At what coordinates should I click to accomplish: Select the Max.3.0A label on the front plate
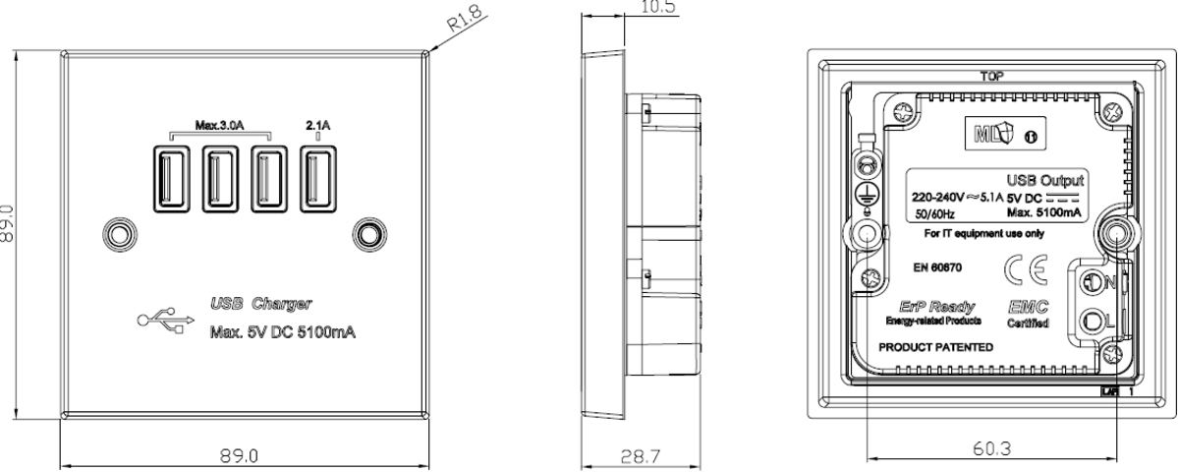point(219,125)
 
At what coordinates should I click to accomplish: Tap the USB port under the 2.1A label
point(316,177)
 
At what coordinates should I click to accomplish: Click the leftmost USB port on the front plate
point(169,177)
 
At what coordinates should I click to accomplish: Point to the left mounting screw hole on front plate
point(118,234)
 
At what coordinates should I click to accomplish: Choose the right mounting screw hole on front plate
point(368,234)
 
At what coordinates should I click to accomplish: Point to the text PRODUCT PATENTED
point(935,348)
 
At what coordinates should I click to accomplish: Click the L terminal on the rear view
point(1096,321)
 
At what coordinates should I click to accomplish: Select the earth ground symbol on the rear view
point(868,195)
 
